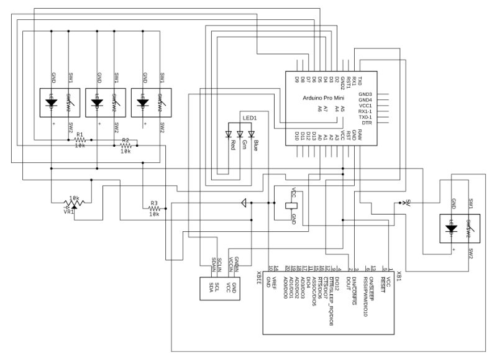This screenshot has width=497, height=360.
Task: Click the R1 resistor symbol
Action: tap(80, 140)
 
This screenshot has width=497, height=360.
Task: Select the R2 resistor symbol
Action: tap(125, 145)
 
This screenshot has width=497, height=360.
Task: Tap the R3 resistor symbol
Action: tap(154, 209)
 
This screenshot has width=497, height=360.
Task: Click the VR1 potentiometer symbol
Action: tap(73, 201)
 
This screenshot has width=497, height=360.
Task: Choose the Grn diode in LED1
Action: tap(240, 134)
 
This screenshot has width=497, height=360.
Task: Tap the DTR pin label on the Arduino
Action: tap(367, 123)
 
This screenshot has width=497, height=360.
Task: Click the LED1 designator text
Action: tap(250, 118)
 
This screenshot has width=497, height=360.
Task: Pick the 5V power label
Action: tap(408, 202)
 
